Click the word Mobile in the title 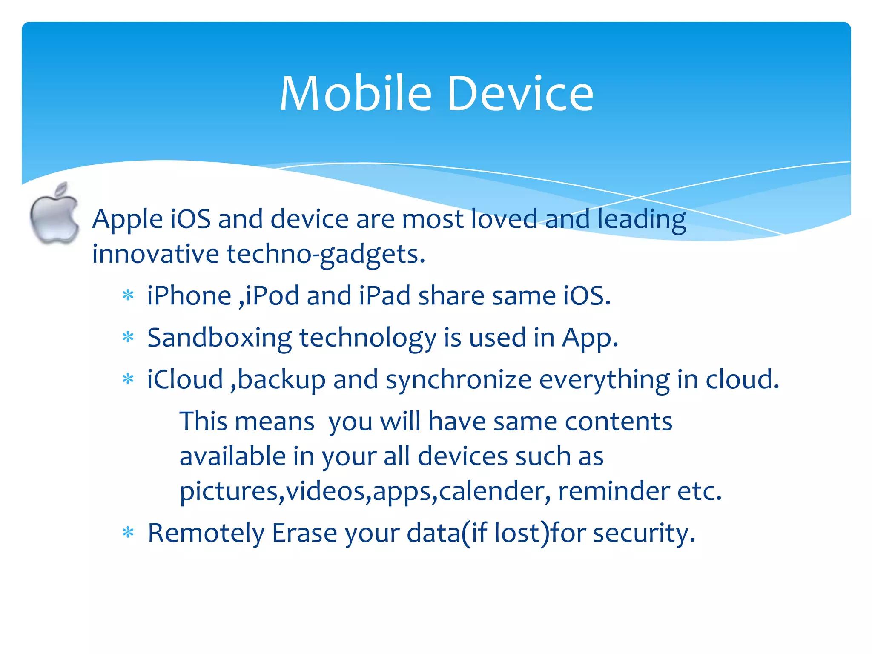coord(356,94)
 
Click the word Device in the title coord(520,94)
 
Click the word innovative coord(155,254)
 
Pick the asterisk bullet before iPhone coord(128,295)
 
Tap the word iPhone coord(189,295)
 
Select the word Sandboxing coord(219,338)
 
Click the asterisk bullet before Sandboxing coord(128,338)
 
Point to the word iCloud coord(185,379)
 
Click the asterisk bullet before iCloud coord(128,379)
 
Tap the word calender coord(492,491)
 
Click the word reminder coord(614,491)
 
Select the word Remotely coord(206,533)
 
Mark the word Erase coord(304,533)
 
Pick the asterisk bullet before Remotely coord(128,533)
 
